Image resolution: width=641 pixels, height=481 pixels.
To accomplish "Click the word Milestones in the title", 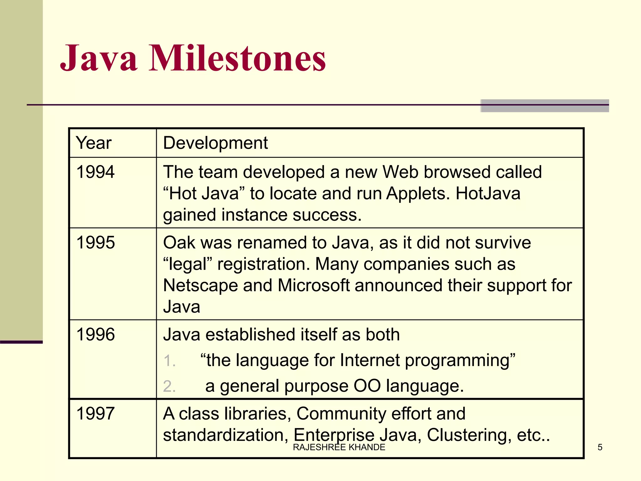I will click(x=237, y=59).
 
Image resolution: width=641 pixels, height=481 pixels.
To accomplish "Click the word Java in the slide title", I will click(x=99, y=59).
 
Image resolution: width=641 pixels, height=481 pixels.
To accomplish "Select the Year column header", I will click(x=94, y=143).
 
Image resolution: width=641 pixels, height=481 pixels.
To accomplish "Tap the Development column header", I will click(x=215, y=143).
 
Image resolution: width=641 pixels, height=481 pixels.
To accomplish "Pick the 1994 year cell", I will click(x=95, y=172).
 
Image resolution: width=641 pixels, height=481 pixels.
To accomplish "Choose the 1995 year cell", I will click(x=95, y=243).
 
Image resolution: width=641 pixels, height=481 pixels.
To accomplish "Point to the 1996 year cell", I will click(x=95, y=334).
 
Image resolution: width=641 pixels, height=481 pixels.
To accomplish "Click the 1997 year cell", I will click(x=95, y=414).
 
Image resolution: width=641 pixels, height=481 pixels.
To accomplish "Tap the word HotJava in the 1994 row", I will click(x=488, y=194).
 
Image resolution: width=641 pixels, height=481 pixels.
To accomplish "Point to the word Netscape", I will click(x=200, y=286).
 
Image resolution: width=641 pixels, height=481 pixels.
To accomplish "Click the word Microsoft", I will click(x=313, y=286).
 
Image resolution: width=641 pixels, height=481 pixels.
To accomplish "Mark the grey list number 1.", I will click(x=169, y=361).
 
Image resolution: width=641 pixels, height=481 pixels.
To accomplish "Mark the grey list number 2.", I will click(x=169, y=386).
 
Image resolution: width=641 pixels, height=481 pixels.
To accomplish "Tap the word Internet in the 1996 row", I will click(x=370, y=360).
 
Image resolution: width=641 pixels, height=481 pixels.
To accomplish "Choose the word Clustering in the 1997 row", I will click(x=469, y=435).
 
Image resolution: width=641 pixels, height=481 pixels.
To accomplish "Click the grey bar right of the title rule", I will click(x=545, y=106).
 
